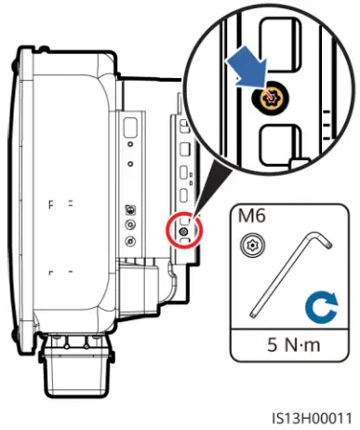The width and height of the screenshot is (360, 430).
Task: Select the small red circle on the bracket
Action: point(184,230)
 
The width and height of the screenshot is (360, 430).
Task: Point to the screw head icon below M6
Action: point(248,245)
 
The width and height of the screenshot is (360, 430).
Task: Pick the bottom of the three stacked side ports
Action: point(130,241)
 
